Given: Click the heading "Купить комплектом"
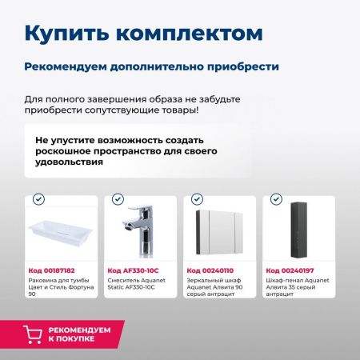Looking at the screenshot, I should [142, 33].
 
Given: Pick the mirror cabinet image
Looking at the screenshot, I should [219, 232].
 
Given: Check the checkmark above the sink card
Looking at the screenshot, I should [39, 199].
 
